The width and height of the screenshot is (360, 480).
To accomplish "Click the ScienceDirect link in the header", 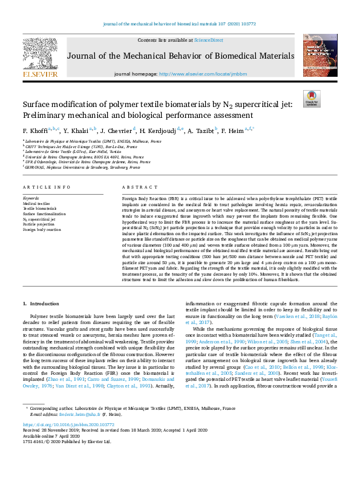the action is [x=208, y=39].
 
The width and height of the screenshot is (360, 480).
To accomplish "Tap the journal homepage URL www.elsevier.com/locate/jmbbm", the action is [x=195, y=73].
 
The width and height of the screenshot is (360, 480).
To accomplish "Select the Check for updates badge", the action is [x=312, y=98].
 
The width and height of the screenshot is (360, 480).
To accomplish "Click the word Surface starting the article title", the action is [x=37, y=105].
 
